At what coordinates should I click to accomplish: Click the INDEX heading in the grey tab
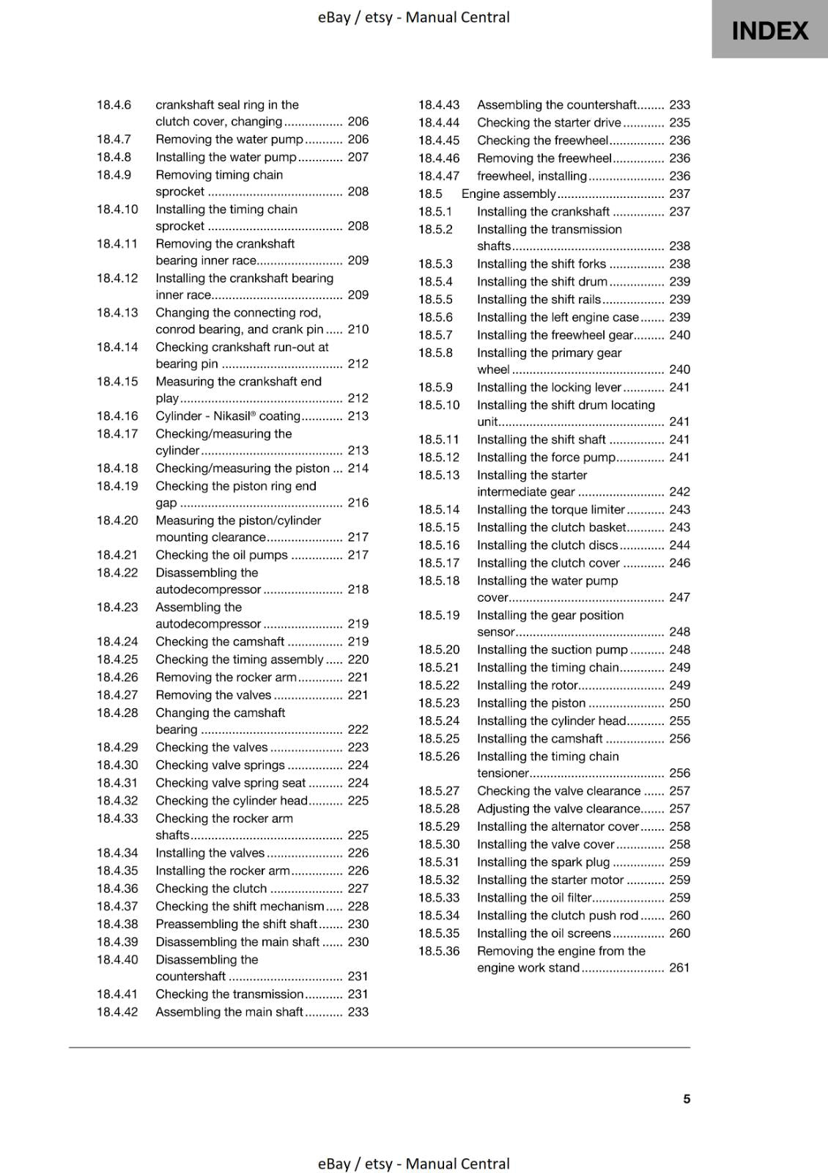pos(769,31)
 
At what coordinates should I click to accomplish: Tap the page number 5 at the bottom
pos(687,1098)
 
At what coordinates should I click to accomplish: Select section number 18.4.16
pos(117,416)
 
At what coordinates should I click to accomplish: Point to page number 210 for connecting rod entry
pos(358,329)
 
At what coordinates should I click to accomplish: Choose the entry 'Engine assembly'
pos(509,194)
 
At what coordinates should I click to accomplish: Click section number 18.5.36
pos(439,951)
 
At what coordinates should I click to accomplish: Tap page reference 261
pos(679,968)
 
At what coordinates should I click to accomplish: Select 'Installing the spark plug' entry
pos(543,862)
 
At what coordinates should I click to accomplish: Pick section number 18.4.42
pos(117,1012)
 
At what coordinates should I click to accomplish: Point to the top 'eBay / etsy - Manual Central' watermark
pos(413,17)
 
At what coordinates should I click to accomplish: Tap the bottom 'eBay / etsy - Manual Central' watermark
pos(413,1163)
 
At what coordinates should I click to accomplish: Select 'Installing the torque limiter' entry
pos(550,510)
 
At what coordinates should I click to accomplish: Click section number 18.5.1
pos(435,211)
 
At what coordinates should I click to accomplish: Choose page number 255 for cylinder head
pos(679,721)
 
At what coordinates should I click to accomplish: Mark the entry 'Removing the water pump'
pos(229,139)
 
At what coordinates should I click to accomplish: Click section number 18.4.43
pos(439,105)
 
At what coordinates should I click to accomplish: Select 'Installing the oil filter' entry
pos(534,897)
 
